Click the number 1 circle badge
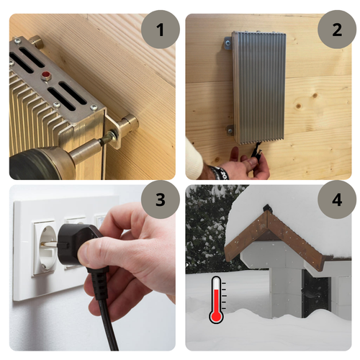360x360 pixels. coord(158,30)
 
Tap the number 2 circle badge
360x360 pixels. coord(336,30)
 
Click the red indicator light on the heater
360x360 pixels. coord(46,74)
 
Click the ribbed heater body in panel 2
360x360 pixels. coord(258,86)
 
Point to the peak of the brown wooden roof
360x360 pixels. coord(267,207)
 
